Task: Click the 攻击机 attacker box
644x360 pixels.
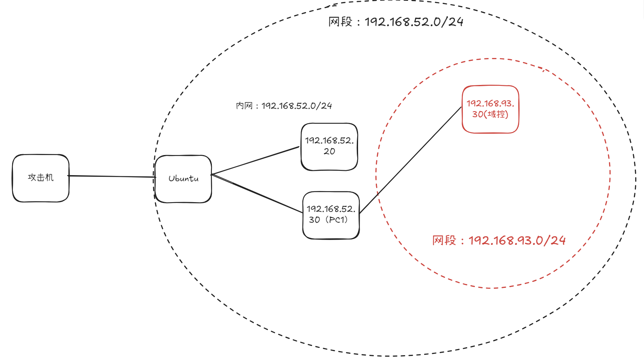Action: [x=40, y=189]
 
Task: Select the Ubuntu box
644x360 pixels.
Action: [x=183, y=191]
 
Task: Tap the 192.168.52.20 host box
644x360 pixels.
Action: [x=329, y=161]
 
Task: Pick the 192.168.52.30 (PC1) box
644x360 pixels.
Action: [x=331, y=230]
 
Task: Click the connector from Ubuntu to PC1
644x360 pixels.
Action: [x=258, y=193]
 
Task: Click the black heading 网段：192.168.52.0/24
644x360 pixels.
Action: [x=396, y=22]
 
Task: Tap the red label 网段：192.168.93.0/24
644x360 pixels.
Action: [x=499, y=240]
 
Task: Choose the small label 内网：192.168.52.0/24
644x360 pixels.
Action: [x=284, y=106]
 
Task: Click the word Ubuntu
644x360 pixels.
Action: [x=183, y=178]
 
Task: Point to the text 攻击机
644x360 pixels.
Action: [x=40, y=178]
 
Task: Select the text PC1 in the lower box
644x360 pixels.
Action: [x=338, y=220]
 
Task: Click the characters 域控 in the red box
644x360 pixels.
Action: [x=496, y=114]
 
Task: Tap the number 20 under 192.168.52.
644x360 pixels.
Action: [x=329, y=151]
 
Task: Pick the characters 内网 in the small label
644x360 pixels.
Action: [x=244, y=106]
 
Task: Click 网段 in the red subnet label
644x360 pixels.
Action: [x=444, y=240]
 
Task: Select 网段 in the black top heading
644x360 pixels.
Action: [x=340, y=22]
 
